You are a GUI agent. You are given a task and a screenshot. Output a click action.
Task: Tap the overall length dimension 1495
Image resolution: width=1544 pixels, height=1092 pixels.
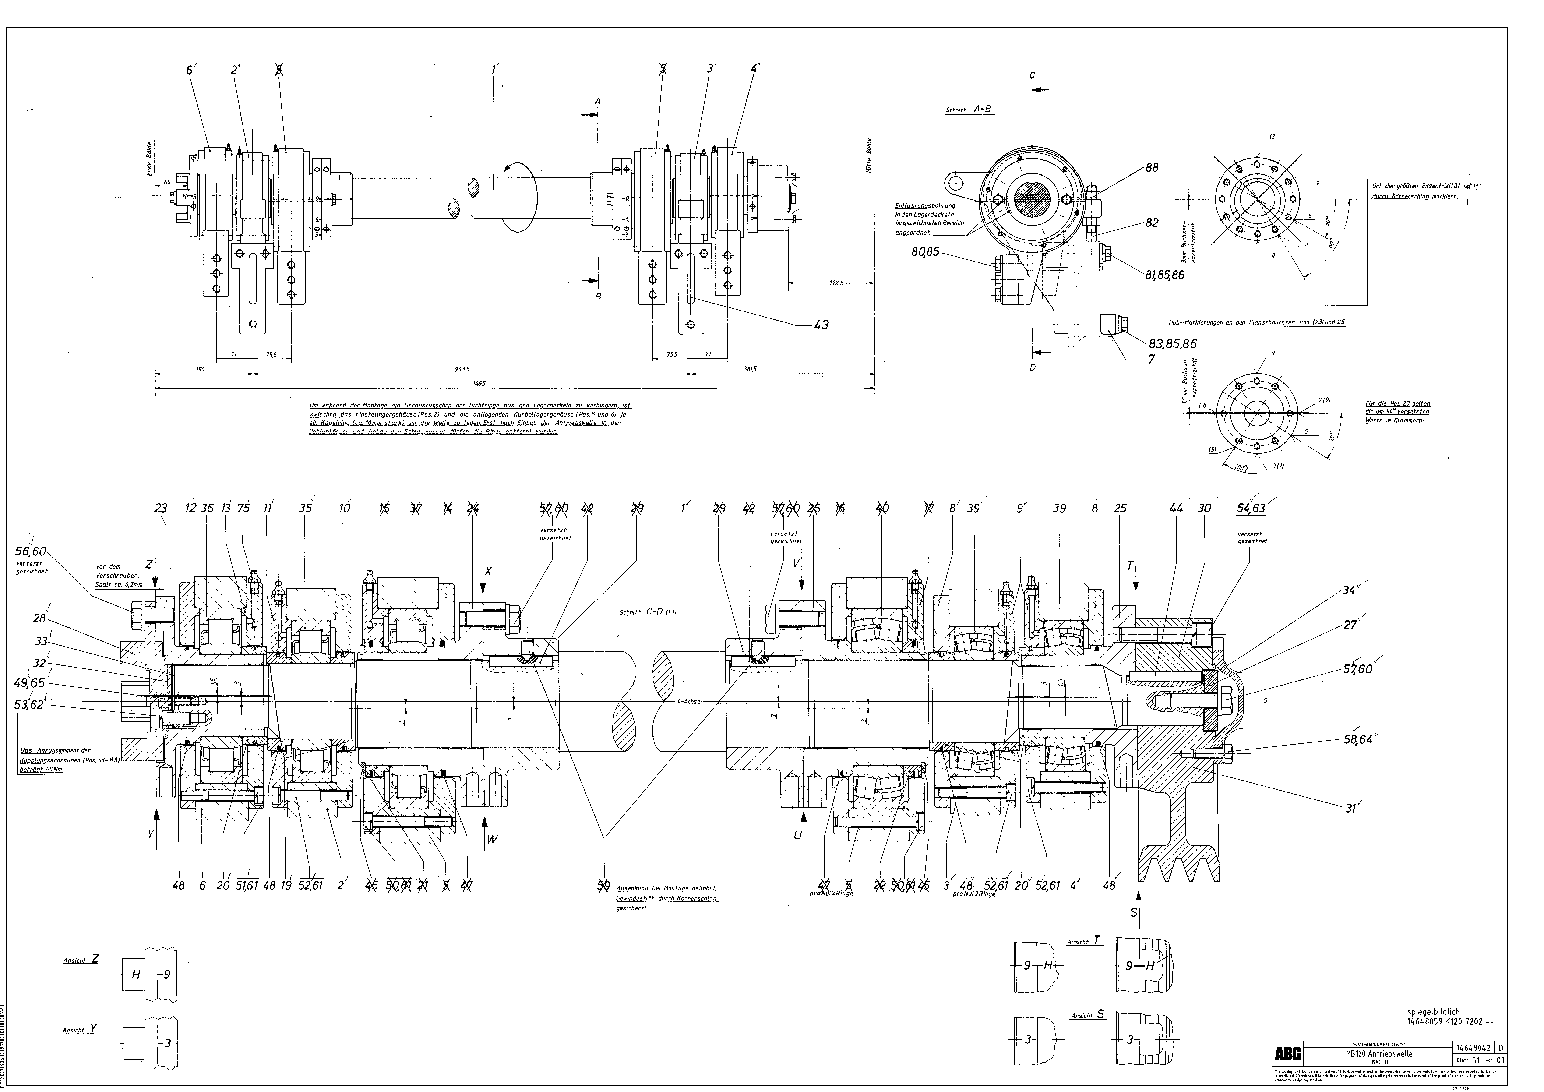479,383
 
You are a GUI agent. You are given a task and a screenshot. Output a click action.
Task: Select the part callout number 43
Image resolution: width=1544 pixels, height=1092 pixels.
821,325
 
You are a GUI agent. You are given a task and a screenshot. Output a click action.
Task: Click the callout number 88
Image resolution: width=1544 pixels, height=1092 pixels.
1152,168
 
